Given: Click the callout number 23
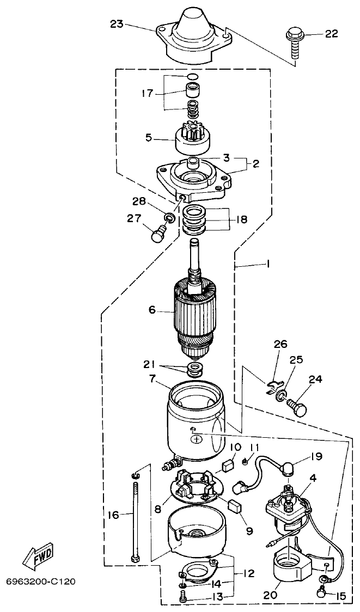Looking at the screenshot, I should click(x=117, y=24).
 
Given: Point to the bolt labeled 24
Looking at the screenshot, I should click(x=295, y=406).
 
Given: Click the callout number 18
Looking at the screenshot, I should click(x=241, y=219).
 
